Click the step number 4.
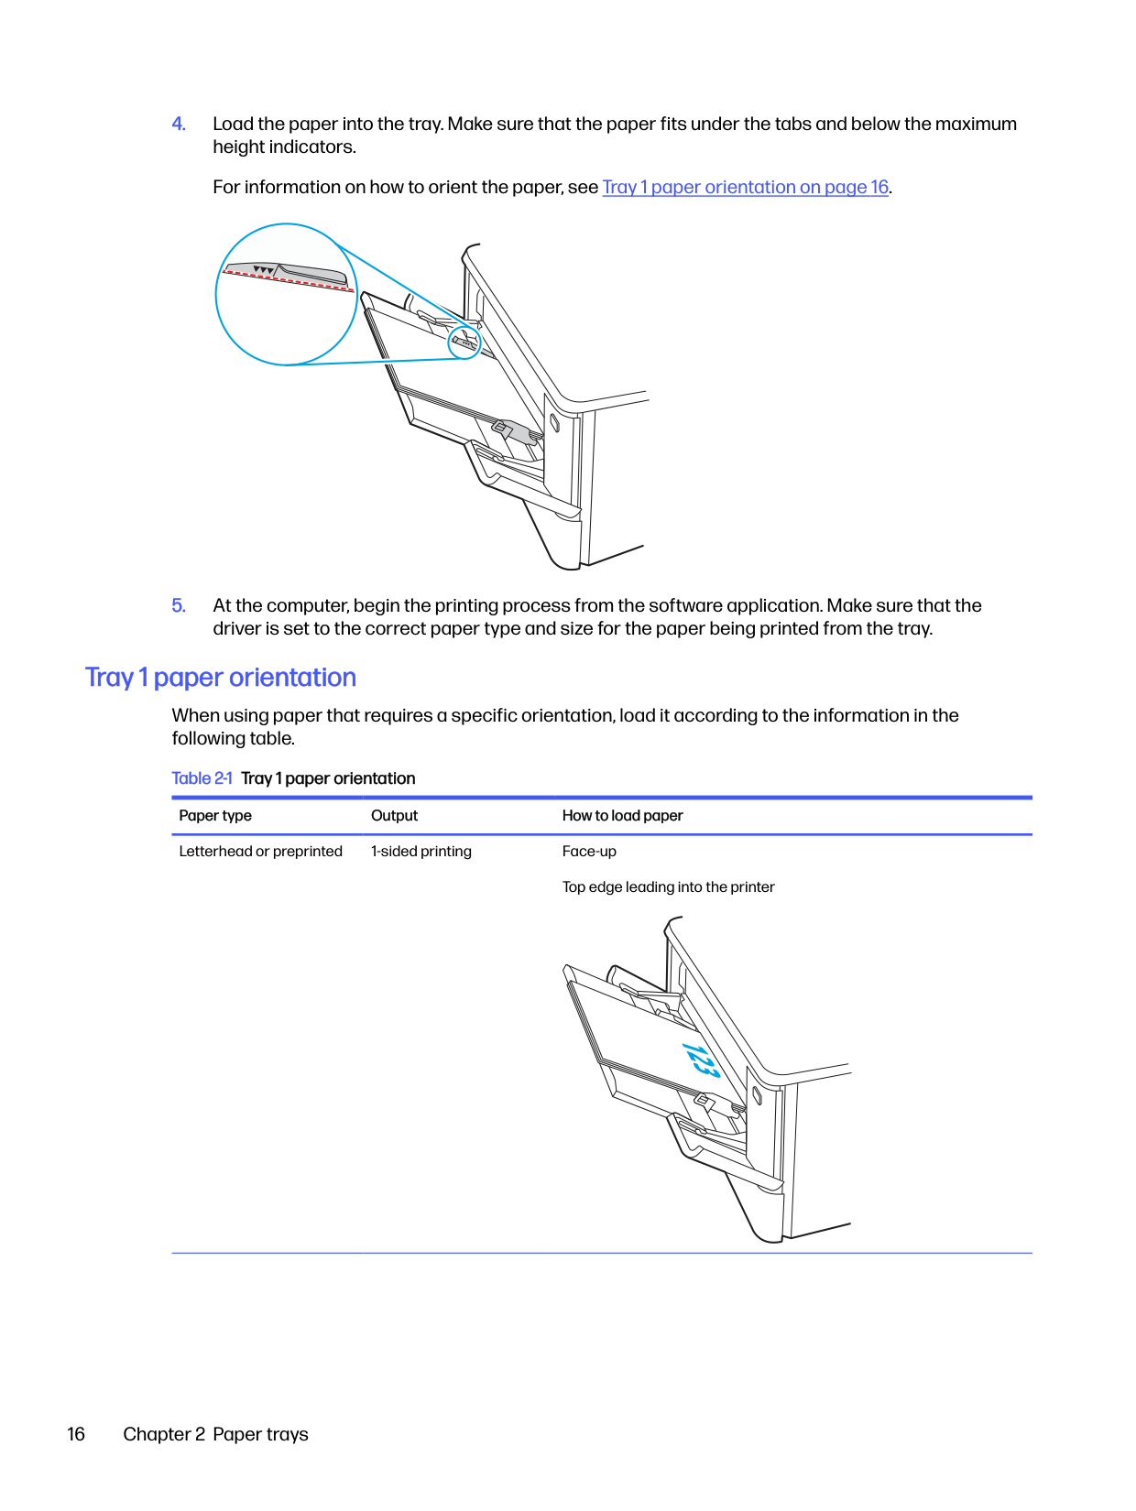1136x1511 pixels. coord(179,125)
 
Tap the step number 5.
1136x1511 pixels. coord(179,606)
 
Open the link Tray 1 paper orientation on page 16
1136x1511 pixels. coord(745,188)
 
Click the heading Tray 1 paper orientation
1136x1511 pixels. coord(221,678)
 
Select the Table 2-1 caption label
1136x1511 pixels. coord(202,778)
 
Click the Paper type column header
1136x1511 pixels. coord(215,816)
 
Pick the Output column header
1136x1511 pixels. coord(394,816)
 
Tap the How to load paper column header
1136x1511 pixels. coord(622,816)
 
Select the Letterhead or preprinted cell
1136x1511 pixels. coord(260,852)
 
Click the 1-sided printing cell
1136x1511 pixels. coord(421,852)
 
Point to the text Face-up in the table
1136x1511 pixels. coord(589,852)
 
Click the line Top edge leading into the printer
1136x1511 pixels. coord(668,887)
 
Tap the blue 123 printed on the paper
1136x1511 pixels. coord(700,1060)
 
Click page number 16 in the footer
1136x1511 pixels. coord(76,1434)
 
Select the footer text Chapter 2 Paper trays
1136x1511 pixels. coord(215,1434)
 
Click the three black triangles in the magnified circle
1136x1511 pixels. coord(263,270)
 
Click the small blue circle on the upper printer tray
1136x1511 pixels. coord(464,342)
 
